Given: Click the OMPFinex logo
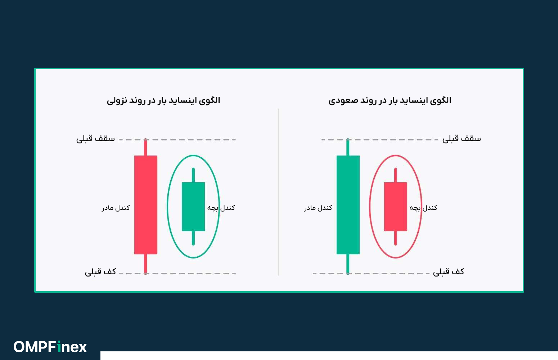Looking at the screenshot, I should coord(50,347).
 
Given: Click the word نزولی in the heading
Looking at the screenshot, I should coord(116,100).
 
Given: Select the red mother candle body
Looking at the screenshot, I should coord(145,204).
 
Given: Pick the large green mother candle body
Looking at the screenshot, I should coord(348,204).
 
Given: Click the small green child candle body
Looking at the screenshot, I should coord(193,206).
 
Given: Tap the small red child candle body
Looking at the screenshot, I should coord(395,206).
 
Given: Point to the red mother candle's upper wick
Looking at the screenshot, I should coord(145,148).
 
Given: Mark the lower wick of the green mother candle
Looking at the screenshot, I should coord(348,264).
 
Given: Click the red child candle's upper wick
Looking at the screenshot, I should coord(395,175).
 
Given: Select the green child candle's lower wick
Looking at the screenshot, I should coord(193,238).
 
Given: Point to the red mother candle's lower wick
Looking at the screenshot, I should coord(145,264).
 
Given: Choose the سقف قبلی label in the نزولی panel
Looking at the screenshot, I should coord(95,139).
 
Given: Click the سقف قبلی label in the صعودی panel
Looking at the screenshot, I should coord(462,139).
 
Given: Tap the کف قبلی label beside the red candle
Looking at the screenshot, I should coord(100,272).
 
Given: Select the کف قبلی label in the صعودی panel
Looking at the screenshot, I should coord(449,272).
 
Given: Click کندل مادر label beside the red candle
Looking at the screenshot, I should coord(116,208).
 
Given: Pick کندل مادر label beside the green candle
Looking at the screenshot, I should coord(318,208).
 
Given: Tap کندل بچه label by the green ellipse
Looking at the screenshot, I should coord(221,208).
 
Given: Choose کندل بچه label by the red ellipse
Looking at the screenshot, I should coord(423,208).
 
